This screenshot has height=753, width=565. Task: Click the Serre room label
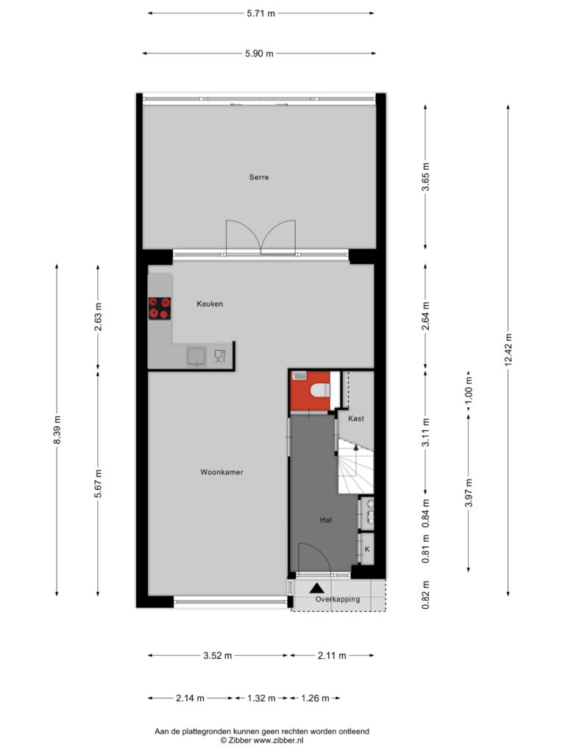pos(259,177)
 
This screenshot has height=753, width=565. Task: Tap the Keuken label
pos(210,304)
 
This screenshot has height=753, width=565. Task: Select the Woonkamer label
pos(221,472)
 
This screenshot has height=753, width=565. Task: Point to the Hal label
pos(326,520)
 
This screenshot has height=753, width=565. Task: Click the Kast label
pos(356,418)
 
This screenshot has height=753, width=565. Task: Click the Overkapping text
pos(338,599)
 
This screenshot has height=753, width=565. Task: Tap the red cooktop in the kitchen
pos(160,308)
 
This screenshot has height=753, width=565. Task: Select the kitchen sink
pos(196,357)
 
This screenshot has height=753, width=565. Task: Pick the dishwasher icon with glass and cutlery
pos(220,356)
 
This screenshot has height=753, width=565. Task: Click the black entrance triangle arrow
pos(316,588)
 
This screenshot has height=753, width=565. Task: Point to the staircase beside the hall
pos(356,465)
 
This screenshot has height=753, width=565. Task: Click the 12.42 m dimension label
pos(508,350)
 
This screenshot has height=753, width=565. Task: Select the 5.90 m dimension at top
pos(260,54)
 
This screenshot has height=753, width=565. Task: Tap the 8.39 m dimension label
pos(57,429)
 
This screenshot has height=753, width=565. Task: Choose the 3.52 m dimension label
pos(218,655)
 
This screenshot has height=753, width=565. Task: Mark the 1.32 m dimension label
pos(261,699)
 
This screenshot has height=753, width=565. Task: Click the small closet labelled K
pos(367,549)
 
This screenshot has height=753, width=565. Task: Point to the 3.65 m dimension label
pos(426,176)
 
